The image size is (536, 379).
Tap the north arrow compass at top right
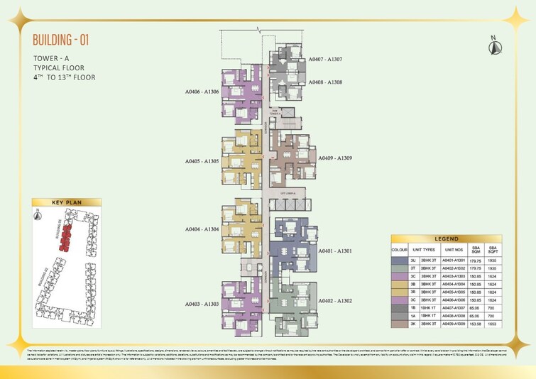(492, 45)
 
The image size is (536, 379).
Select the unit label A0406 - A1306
(201, 92)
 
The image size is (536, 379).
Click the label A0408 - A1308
(325, 82)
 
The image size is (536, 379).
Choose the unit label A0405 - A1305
(201, 161)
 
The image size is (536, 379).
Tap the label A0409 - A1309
(335, 158)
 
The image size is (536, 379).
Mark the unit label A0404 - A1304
(201, 229)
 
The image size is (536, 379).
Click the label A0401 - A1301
(335, 251)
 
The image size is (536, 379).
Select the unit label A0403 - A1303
(201, 303)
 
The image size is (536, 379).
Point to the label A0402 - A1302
(335, 301)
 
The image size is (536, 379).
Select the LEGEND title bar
(447, 239)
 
